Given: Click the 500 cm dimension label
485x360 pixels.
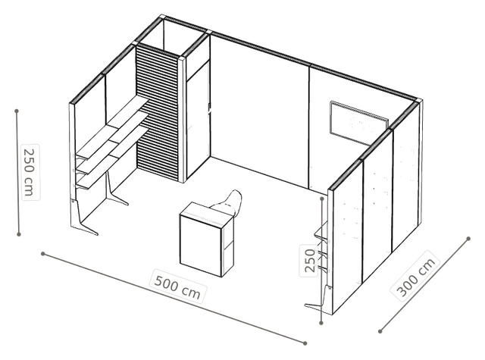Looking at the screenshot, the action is [x=177, y=286].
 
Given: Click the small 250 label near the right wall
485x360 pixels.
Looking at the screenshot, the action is [x=310, y=261].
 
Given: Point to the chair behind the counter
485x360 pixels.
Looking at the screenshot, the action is [x=229, y=202].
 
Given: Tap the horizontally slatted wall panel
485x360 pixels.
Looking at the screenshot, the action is [x=158, y=111].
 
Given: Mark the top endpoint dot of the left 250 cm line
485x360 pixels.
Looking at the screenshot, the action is [x=17, y=111].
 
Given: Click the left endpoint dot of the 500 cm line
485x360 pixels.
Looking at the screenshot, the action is [x=43, y=254].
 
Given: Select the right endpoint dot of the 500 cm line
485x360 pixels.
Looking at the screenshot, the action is [x=305, y=343].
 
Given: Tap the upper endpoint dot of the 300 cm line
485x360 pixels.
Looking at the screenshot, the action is [x=468, y=239].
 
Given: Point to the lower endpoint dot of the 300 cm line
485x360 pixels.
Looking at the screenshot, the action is [x=380, y=331].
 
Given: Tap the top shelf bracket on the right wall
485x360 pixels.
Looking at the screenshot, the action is [x=321, y=234].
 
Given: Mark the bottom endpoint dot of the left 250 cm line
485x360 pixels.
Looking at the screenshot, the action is [x=18, y=234].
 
